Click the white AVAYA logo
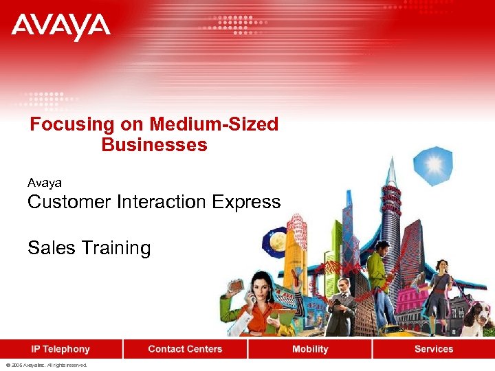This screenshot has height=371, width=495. click(60, 27)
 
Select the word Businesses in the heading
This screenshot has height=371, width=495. click(154, 145)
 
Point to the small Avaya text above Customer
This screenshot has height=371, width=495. click(45, 183)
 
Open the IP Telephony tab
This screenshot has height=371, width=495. click(61, 349)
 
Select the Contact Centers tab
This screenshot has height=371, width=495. click(185, 349)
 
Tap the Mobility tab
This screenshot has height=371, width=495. click(310, 349)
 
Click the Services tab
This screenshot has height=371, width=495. click(434, 349)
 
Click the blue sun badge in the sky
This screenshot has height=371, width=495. click(434, 166)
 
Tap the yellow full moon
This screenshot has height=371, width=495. click(278, 242)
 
